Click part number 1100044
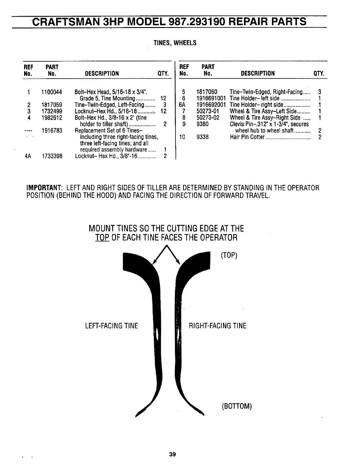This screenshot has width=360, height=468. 51,92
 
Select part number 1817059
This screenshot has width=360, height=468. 51,105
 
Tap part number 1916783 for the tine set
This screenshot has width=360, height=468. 51,130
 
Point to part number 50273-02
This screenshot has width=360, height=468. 208,118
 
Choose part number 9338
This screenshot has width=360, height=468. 203,137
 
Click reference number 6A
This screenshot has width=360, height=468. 183,105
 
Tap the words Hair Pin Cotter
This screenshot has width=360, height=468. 247,137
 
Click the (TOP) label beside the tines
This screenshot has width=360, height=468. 229,256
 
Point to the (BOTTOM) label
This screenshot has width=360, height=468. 237,406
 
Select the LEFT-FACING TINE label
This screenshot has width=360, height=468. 112,326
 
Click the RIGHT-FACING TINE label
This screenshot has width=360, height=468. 218,326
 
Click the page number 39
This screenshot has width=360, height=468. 172,454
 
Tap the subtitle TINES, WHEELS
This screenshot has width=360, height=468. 175,43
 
